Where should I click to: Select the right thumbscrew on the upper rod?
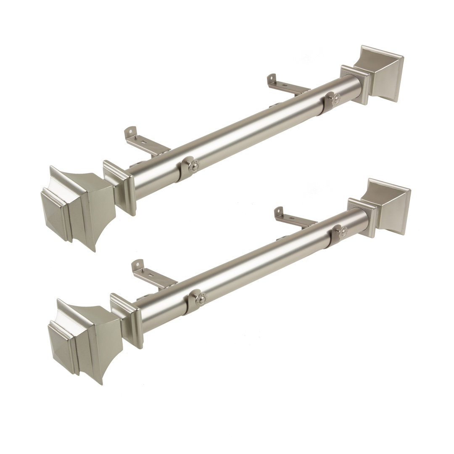(335, 99)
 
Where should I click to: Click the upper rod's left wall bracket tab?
(132, 134)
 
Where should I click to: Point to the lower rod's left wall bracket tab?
(138, 267)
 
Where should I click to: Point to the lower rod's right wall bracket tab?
(279, 214)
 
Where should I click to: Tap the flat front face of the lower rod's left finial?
(61, 345)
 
